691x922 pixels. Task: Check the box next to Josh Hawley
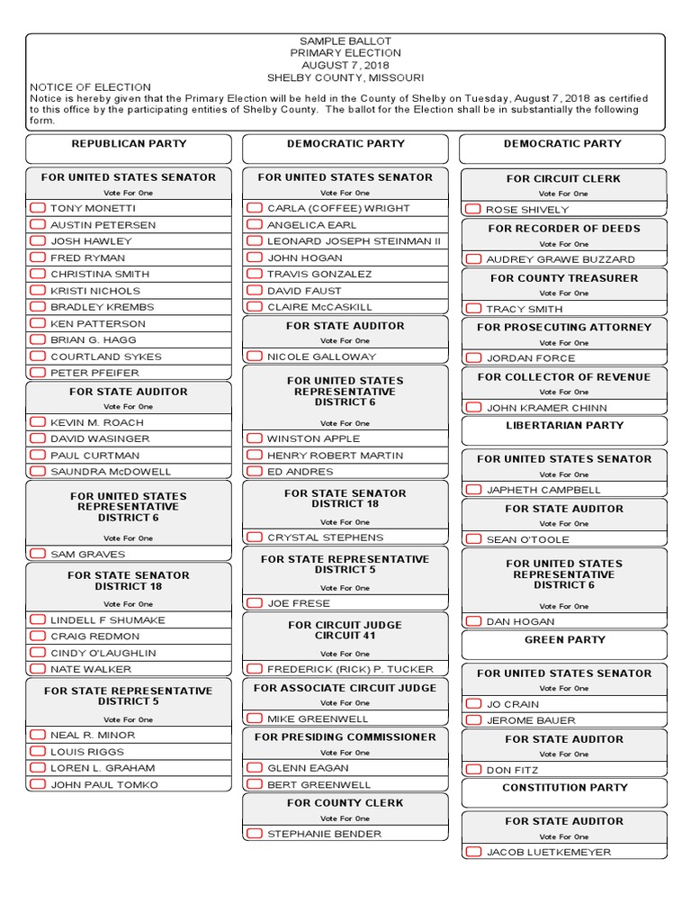pyautogui.click(x=38, y=241)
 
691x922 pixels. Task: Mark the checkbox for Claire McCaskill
pyautogui.click(x=255, y=307)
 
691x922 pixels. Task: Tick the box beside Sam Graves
pyautogui.click(x=38, y=554)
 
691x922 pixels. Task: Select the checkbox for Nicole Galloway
pyautogui.click(x=255, y=357)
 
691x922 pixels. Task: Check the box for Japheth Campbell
pyautogui.click(x=473, y=490)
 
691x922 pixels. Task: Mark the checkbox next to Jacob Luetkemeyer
pyautogui.click(x=473, y=852)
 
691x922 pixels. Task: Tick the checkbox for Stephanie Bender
pyautogui.click(x=255, y=834)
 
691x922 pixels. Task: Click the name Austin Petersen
pyautogui.click(x=103, y=225)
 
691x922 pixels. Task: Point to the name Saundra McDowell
pyautogui.click(x=110, y=472)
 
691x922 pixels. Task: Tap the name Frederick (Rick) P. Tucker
pyautogui.click(x=350, y=669)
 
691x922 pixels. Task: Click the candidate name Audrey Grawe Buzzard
pyautogui.click(x=561, y=259)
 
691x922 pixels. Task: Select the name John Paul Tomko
pyautogui.click(x=103, y=785)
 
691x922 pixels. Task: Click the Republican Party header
pyautogui.click(x=129, y=144)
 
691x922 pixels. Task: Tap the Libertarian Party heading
pyautogui.click(x=564, y=426)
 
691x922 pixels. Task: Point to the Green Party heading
pyautogui.click(x=564, y=640)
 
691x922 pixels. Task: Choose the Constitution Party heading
pyautogui.click(x=564, y=788)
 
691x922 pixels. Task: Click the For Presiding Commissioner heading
pyautogui.click(x=345, y=737)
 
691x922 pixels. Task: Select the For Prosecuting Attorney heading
pyautogui.click(x=564, y=328)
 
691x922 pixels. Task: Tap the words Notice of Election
pyautogui.click(x=76, y=87)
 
